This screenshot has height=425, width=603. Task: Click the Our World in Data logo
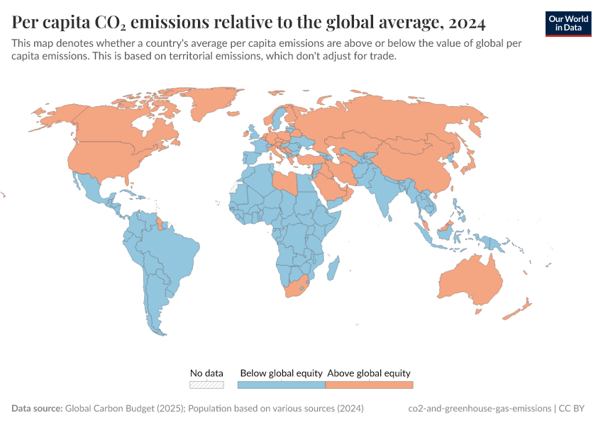click(x=568, y=23)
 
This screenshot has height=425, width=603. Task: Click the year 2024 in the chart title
click(x=466, y=23)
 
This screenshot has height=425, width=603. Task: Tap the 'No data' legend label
click(x=206, y=373)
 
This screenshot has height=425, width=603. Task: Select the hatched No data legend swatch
click(x=206, y=385)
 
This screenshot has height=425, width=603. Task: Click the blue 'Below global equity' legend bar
click(x=281, y=385)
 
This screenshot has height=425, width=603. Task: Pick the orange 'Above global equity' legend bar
click(x=369, y=385)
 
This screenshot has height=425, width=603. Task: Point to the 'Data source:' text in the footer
click(x=37, y=409)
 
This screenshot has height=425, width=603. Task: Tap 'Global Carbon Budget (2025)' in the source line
click(x=128, y=409)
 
